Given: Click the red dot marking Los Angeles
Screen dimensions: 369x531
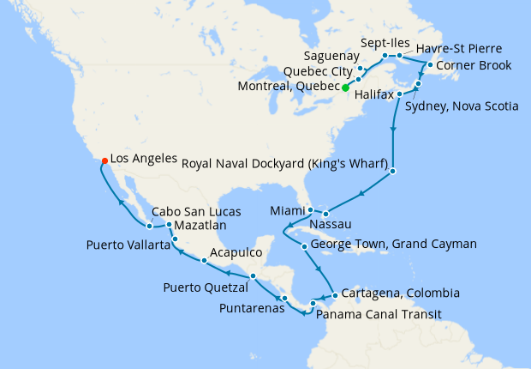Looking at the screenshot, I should [x=104, y=160].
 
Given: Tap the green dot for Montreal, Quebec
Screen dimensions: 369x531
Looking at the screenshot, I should [x=345, y=88].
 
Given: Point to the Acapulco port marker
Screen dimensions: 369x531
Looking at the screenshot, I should [x=204, y=260].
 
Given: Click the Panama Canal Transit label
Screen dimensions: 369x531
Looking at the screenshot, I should [x=379, y=314].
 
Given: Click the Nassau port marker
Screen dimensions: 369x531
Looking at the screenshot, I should [x=325, y=213].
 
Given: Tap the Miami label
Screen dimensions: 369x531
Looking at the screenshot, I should [x=287, y=210].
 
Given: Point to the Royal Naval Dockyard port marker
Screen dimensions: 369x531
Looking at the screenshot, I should [x=392, y=172].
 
